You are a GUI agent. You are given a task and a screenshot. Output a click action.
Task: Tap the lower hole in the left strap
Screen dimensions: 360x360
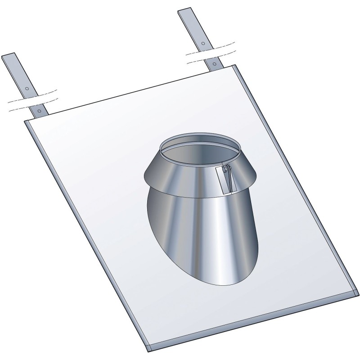(40, 110)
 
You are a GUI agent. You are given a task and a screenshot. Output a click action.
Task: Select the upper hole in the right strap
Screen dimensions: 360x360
(203, 43)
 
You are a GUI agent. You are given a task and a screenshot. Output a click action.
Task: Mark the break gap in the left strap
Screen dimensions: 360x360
(33, 99)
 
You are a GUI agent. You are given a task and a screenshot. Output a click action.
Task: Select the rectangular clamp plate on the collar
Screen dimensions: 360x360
(228, 180)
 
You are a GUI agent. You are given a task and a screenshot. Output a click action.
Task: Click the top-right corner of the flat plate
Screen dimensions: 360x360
(235, 66)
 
